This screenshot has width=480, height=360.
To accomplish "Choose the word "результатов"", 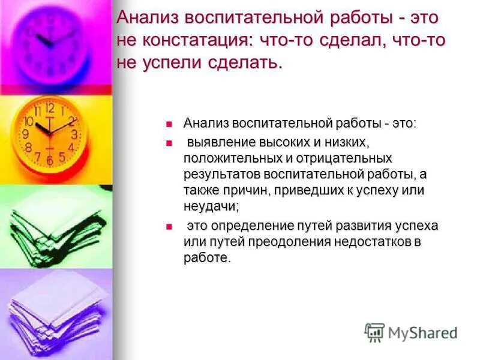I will click(220, 174).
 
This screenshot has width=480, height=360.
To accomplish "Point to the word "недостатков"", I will click(377, 242).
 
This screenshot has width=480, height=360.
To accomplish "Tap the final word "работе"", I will click(206, 258).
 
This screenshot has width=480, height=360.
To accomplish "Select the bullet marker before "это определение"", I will click(169, 226).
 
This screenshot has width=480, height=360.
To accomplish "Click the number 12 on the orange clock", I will click(50, 109).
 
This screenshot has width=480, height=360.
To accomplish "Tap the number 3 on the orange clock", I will click(74, 134).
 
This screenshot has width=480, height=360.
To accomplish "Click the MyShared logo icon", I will click(374, 332).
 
